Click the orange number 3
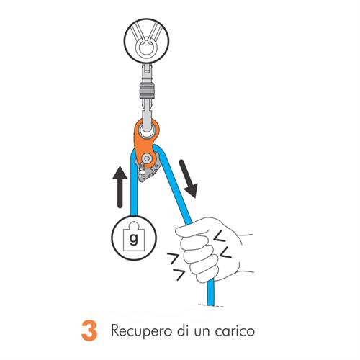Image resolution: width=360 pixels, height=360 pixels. point(89,330)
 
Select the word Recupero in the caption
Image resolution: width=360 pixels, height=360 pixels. point(142,331)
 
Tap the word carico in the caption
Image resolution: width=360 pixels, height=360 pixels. point(235,331)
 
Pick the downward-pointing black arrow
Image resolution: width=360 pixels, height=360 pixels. point(189,179)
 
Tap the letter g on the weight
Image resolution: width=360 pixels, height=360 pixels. point(134,239)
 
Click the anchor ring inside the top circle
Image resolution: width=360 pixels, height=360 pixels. point(146,48)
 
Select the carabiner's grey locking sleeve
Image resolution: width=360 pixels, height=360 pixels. point(147,91)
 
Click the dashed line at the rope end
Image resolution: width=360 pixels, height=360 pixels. point(211,305)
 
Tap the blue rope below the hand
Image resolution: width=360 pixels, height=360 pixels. point(210,293)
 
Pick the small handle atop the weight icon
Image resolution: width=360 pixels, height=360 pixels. point(133,225)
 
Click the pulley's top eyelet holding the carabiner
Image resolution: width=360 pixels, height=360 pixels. point(147,130)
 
